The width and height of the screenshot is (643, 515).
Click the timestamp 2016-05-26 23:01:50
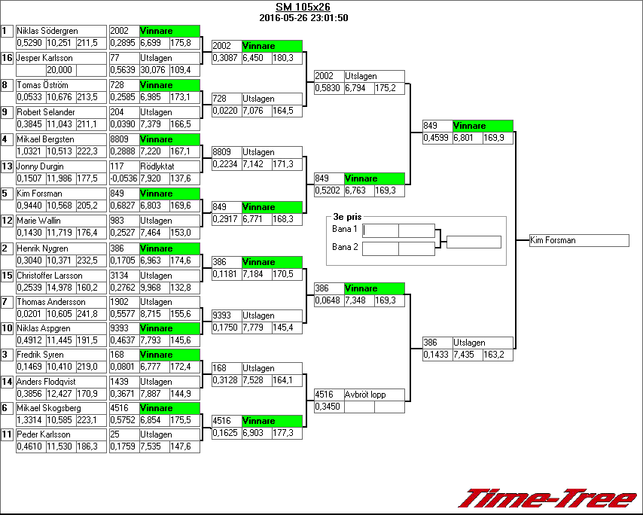pos(303,17)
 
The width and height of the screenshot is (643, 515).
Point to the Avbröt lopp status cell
pos(365,395)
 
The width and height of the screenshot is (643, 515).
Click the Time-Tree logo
pos(548,499)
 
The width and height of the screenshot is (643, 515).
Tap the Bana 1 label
pos(344,228)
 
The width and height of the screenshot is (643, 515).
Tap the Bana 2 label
pos(344,246)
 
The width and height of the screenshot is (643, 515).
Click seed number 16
pos(7,58)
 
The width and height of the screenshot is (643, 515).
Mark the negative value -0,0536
pos(124,178)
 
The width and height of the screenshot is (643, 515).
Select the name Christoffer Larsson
pos(50,276)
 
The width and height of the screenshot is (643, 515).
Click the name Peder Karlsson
pos(44,434)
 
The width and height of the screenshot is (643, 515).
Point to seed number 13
pos(7,166)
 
